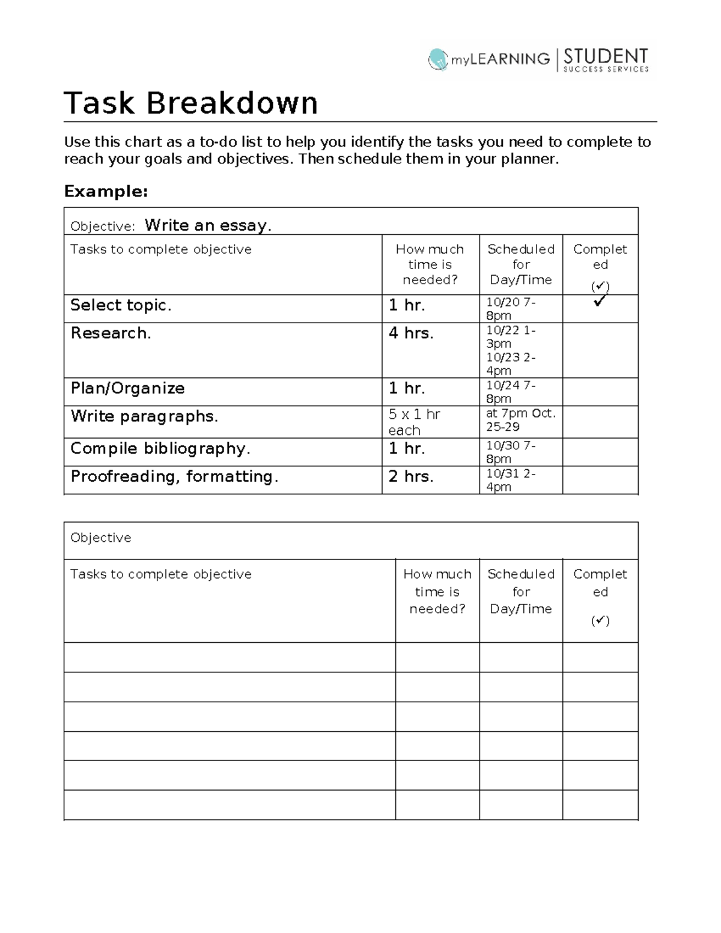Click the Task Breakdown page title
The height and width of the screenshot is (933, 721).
[190, 103]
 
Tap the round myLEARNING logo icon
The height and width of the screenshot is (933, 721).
[438, 59]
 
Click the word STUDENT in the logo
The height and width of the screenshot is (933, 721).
[605, 56]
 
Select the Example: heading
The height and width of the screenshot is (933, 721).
[106, 192]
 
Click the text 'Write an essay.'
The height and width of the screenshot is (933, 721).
[208, 225]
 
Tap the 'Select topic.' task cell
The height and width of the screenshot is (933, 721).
[121, 305]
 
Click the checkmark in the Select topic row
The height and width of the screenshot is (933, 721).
[600, 301]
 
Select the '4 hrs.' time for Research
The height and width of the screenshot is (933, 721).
[411, 333]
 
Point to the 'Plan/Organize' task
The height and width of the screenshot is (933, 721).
[127, 388]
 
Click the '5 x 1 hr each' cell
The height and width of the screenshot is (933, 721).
[414, 422]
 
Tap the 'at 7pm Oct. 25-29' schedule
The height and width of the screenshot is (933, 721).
[520, 420]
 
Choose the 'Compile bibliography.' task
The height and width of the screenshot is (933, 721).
[160, 449]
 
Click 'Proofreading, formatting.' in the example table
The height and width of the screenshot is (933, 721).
[174, 476]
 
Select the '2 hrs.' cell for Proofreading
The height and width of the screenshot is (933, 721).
[411, 476]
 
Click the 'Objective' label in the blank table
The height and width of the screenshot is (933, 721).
[100, 538]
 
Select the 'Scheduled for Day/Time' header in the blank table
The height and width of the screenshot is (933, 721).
[521, 591]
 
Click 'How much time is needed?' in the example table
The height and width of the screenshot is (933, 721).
[430, 264]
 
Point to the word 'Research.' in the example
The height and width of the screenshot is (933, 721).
[111, 333]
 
